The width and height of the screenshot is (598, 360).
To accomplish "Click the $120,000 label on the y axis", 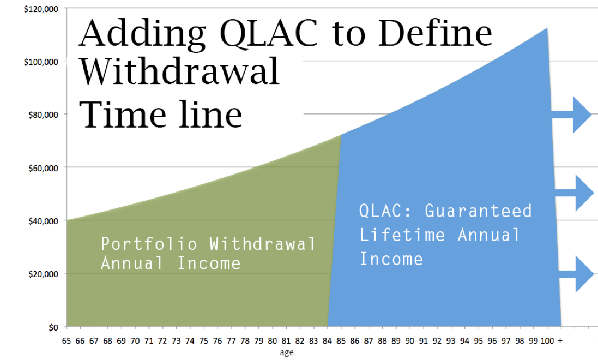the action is click(x=41, y=9).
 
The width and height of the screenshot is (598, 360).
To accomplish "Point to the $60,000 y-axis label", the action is click(x=43, y=168).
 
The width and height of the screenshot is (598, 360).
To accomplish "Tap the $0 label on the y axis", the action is click(x=53, y=327).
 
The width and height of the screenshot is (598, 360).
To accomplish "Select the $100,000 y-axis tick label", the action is click(x=41, y=62).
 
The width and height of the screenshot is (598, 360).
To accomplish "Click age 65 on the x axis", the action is click(x=67, y=341).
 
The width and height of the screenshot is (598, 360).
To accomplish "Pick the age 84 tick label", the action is click(x=327, y=341).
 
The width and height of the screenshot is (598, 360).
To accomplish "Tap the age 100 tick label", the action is click(x=547, y=341).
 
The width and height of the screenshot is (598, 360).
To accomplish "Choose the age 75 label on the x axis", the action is click(x=204, y=341).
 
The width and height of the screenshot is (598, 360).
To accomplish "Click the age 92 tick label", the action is click(x=437, y=341).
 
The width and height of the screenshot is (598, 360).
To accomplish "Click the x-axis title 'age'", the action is click(x=287, y=352).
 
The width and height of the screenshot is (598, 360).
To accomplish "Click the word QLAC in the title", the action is click(x=269, y=34).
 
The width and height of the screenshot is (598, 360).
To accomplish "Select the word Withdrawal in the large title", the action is click(x=180, y=71).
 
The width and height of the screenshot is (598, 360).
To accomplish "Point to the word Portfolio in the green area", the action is click(x=149, y=244).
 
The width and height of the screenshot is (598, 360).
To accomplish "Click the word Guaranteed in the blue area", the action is click(x=478, y=211).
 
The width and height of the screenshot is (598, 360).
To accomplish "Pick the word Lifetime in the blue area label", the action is click(x=402, y=235).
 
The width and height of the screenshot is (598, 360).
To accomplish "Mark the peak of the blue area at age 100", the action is click(x=547, y=28).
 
